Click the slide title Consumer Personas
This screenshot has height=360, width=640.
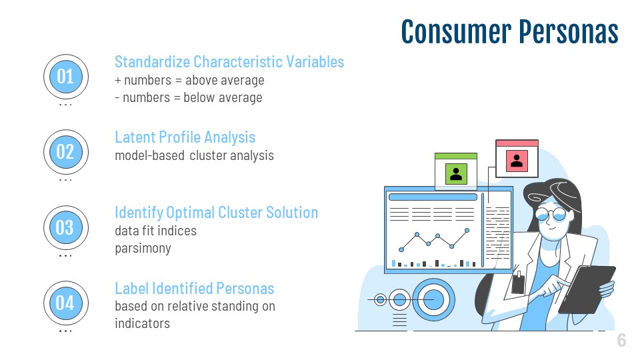509,31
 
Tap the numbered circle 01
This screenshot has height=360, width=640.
66,76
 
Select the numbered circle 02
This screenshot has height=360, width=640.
66,152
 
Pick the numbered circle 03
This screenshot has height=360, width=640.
66,227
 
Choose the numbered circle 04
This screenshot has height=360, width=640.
66,303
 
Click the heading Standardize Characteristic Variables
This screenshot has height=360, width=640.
229,62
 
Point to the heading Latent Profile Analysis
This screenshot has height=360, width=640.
185,137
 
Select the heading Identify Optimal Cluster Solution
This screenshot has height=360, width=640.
216,213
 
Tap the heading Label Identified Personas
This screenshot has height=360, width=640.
194,288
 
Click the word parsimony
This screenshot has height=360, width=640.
143,248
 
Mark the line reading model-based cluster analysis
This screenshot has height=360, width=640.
194,155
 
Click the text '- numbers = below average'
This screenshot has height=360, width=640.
189,97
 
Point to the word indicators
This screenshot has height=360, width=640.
143,323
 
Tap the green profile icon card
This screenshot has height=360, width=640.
456,171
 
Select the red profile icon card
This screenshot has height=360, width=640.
517,159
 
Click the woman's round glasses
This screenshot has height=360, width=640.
551,213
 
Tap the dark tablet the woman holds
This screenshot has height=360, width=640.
587,289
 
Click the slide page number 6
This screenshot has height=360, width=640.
621,340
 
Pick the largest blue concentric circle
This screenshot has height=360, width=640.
433,300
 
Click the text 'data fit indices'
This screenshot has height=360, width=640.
155,231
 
